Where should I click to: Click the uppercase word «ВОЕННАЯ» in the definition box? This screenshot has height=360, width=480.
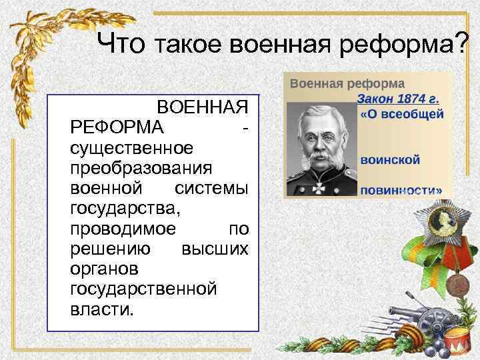tap(203, 107)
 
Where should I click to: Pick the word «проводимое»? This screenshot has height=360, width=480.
tap(123, 229)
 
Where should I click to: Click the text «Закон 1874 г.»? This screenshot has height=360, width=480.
tap(398, 99)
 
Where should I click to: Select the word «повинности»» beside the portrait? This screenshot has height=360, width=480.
tap(401, 189)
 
